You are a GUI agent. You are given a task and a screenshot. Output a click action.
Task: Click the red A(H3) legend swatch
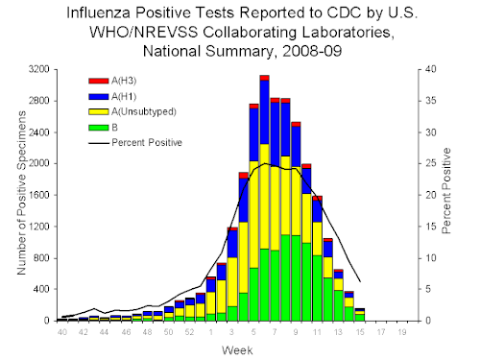99,81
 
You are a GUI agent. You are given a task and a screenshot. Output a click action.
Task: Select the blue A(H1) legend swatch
99,96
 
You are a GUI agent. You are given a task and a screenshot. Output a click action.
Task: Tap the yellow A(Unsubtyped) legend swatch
99,111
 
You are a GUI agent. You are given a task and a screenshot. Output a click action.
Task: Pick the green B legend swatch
99,128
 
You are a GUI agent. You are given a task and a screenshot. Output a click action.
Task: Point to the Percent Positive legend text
147,143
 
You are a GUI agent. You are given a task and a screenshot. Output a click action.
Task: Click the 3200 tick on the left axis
38,69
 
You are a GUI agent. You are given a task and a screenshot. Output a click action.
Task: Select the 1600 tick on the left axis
38,195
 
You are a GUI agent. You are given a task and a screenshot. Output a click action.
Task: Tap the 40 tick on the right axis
430,69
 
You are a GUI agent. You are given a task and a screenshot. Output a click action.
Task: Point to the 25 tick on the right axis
430,163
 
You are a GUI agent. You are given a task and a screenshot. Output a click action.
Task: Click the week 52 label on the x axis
189,332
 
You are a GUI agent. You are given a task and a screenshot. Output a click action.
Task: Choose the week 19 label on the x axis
402,332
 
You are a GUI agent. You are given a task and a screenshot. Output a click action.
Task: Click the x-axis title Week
237,350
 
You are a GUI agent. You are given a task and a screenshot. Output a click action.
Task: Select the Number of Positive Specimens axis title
22,193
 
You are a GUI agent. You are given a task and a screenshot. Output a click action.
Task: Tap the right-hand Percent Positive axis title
446,191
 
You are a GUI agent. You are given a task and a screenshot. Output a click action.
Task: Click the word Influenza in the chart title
98,13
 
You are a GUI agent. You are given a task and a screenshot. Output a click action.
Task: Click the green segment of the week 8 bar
285,277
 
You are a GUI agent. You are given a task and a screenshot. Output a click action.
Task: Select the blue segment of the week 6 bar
264,112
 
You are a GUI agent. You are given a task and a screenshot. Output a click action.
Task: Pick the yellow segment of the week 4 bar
243,257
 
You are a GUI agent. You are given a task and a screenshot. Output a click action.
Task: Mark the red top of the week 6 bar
264,78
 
